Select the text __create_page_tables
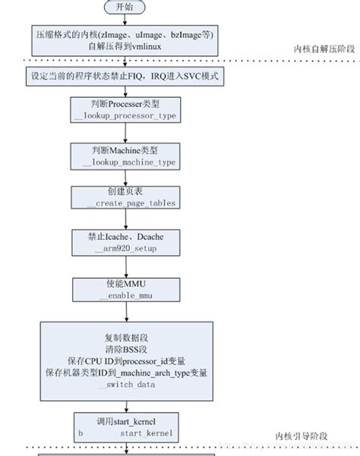[x=125, y=203]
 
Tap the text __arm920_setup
[x=125, y=248]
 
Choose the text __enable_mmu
[x=125, y=294]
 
